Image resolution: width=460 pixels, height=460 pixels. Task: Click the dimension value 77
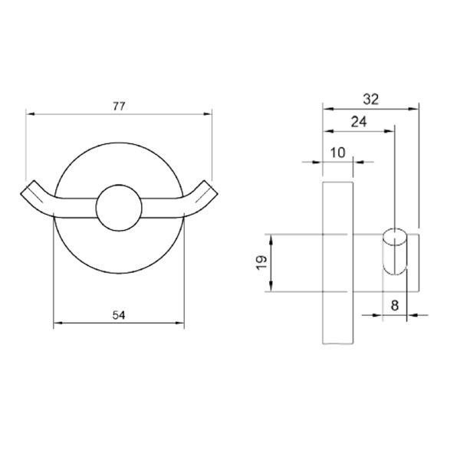(x=119, y=106)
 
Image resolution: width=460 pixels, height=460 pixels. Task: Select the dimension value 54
(x=119, y=315)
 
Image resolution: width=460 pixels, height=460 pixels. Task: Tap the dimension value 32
(x=371, y=100)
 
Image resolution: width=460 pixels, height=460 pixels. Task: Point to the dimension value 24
(x=359, y=121)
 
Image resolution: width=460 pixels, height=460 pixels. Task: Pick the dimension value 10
(x=338, y=153)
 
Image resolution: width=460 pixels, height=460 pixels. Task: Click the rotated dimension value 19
(x=261, y=262)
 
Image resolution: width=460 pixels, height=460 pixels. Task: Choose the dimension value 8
(x=395, y=305)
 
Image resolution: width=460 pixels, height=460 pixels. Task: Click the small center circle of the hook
(x=119, y=208)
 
